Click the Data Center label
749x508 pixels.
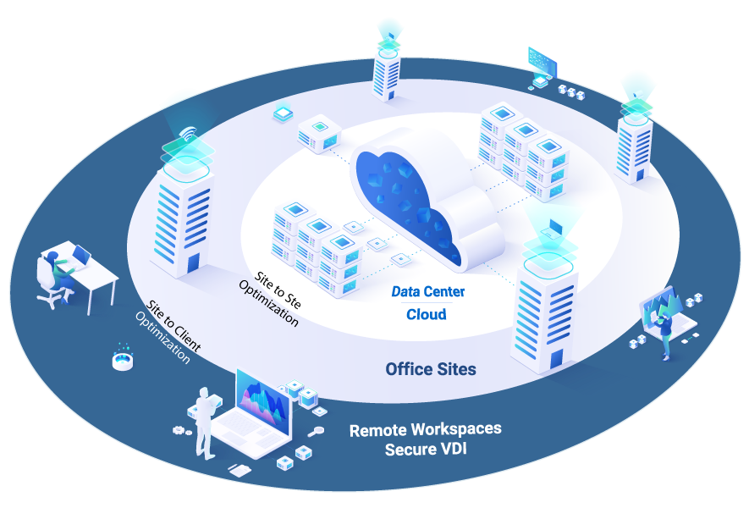point(427,292)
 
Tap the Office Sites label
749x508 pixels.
point(430,369)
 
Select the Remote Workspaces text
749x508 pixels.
point(425,429)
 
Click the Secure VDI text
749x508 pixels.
point(425,449)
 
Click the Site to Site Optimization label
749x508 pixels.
point(276,298)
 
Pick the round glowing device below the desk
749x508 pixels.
point(124,359)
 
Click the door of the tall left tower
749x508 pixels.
point(194,263)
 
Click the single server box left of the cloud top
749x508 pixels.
point(319,131)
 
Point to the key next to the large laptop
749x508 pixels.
point(317,432)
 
